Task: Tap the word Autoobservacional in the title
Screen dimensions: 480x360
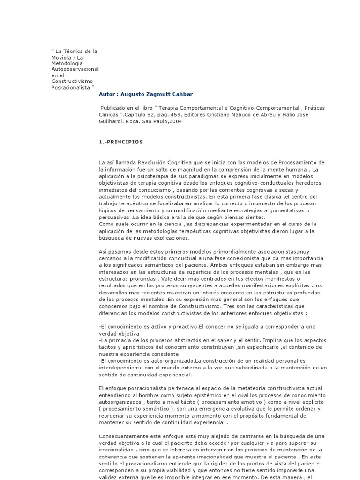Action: point(75,69)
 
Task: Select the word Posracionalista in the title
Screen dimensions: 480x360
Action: point(71,87)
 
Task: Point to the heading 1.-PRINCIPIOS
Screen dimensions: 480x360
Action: point(121,142)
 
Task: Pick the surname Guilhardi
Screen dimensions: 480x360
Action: point(112,121)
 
